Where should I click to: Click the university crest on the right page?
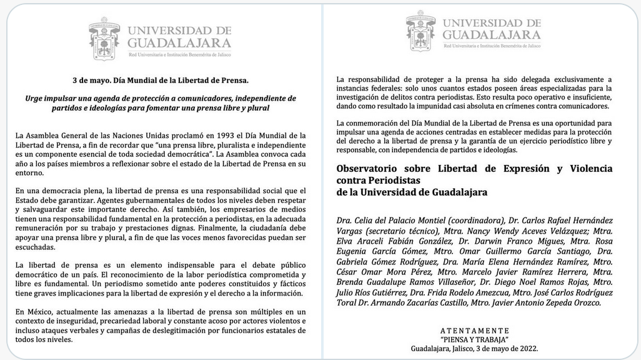420,31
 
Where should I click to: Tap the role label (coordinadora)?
475,221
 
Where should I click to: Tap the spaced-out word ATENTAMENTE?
474,331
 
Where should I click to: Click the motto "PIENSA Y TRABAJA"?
474,339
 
